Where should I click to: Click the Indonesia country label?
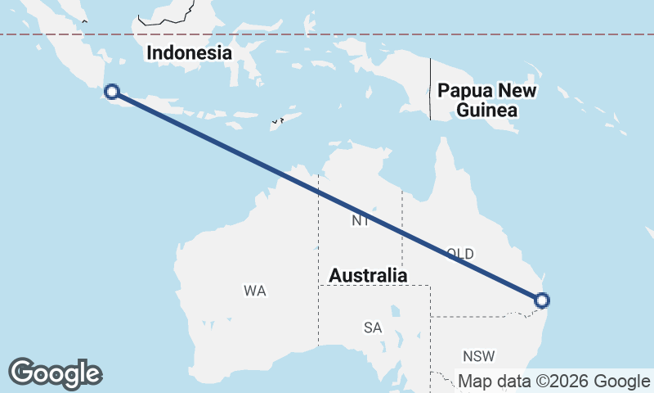click(189, 53)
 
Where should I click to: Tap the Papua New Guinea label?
click(486, 100)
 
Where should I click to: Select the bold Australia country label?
click(368, 276)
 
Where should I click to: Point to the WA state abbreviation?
click(255, 291)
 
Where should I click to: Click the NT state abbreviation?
click(361, 221)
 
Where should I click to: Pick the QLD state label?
click(459, 254)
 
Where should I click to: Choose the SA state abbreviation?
click(373, 327)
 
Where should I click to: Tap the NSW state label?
click(478, 356)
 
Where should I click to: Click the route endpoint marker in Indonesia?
click(112, 92)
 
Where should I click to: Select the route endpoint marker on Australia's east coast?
click(541, 300)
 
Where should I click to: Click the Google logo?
click(55, 373)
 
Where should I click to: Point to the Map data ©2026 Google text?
click(553, 381)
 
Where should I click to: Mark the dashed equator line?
click(327, 34)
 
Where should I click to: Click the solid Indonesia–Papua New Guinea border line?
click(431, 90)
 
